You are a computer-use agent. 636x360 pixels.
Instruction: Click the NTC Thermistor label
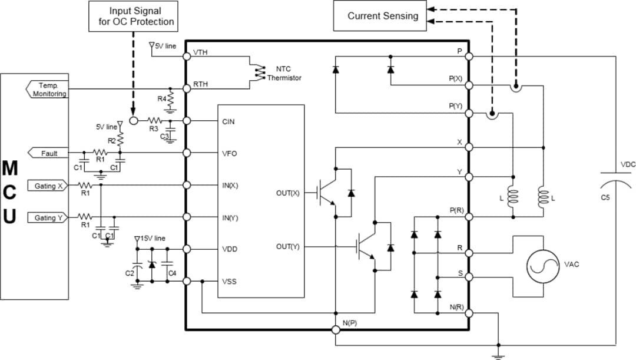[284, 74]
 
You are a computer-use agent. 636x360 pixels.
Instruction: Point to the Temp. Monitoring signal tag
[48, 90]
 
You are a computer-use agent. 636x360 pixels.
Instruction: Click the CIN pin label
[229, 121]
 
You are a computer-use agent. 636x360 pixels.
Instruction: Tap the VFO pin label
[230, 153]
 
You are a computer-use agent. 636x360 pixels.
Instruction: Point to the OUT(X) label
[287, 193]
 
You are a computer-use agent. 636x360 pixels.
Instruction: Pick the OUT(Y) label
[287, 246]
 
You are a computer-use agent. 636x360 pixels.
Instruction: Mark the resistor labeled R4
[170, 97]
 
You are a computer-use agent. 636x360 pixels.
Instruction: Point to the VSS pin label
[229, 281]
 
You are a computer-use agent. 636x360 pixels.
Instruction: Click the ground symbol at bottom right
[498, 354]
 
